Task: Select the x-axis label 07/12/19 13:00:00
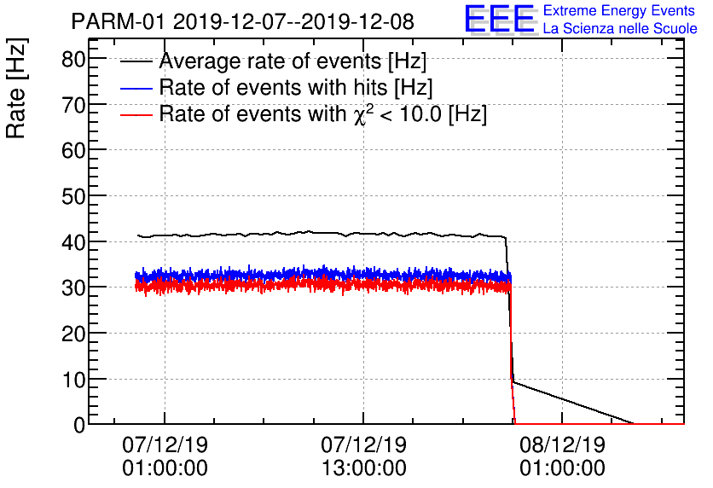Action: click(x=363, y=456)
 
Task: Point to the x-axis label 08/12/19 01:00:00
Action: click(x=562, y=456)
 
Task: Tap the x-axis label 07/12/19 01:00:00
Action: click(x=165, y=456)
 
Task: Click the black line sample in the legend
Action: click(x=136, y=62)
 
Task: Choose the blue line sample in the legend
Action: click(x=136, y=89)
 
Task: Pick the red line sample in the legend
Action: click(x=136, y=115)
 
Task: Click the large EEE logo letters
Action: click(x=500, y=20)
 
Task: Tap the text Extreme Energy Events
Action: click(x=620, y=11)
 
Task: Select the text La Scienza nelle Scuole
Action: click(x=620, y=29)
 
